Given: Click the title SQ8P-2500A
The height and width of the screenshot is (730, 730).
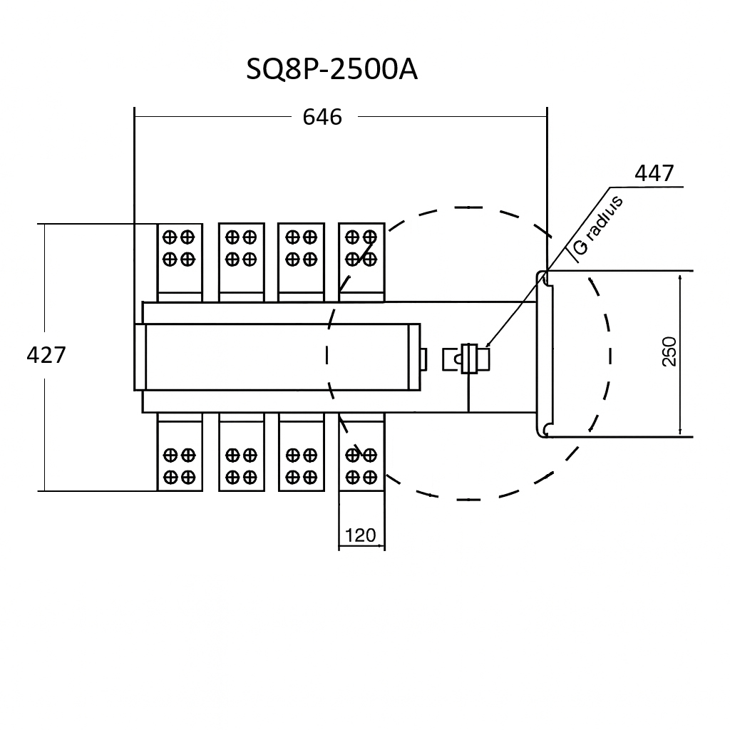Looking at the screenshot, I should click(331, 70).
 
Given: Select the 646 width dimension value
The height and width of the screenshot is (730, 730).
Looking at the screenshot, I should click(322, 116).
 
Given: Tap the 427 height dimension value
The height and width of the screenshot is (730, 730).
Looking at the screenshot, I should click(46, 354).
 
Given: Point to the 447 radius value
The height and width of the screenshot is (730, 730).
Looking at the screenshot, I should click(654, 173).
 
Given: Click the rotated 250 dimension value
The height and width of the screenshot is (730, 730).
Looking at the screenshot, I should click(669, 351).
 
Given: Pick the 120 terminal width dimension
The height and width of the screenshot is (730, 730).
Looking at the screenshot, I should click(360, 535).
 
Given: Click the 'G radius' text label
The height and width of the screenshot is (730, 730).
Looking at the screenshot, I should click(597, 225).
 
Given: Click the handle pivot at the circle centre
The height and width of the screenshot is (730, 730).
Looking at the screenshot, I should click(470, 357).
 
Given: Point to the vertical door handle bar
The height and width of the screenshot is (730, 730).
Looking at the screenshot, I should click(545, 354).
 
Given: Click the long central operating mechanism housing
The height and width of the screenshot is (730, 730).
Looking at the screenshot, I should click(278, 356).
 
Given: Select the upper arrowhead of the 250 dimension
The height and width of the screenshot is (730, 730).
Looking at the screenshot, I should click(682, 278).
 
